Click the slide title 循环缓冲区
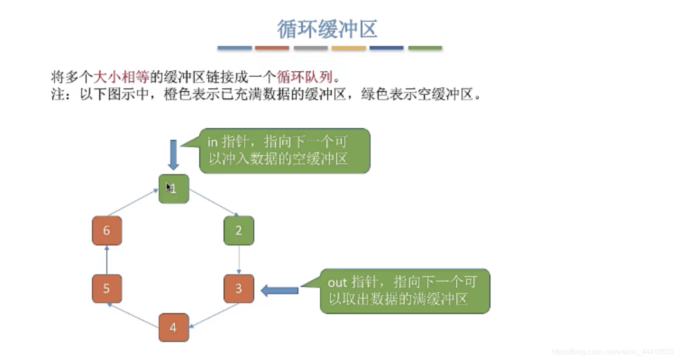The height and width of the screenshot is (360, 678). (327, 29)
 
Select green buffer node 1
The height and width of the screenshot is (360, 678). (174, 189)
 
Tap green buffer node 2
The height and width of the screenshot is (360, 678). (239, 231)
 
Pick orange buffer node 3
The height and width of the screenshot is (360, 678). (239, 288)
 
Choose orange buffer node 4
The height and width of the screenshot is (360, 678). (174, 328)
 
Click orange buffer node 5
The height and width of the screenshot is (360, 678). (107, 288)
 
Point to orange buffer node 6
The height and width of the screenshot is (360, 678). (107, 231)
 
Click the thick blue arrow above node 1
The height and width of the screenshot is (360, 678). (174, 154)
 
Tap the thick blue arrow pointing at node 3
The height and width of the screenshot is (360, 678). (279, 291)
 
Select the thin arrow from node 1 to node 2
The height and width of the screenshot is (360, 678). (213, 202)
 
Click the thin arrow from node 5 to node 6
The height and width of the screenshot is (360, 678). (107, 260)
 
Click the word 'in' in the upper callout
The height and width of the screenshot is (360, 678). (212, 142)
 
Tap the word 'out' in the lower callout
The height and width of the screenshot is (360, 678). (338, 282)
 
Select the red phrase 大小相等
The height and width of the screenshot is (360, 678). (121, 77)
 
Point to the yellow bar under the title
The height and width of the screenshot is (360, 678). (348, 48)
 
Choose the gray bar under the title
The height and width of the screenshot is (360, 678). (311, 48)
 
